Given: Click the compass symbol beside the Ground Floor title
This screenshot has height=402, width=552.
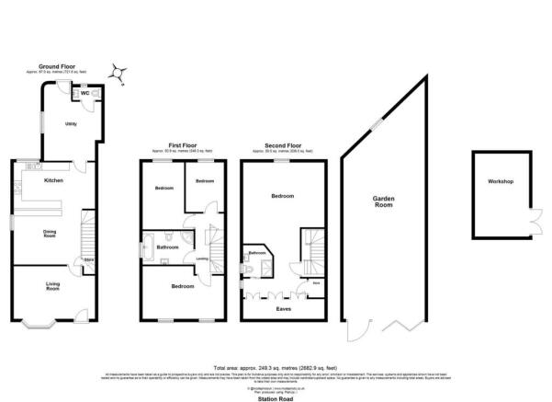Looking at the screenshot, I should pyautogui.click(x=116, y=69).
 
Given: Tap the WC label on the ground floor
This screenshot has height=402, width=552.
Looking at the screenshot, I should pyautogui.click(x=84, y=94).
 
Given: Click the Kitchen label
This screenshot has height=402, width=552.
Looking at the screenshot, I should pyautogui.click(x=53, y=181).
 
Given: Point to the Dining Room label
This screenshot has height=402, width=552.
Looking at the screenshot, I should pyautogui.click(x=51, y=234).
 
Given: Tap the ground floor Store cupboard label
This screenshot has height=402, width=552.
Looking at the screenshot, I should pyautogui.click(x=90, y=259).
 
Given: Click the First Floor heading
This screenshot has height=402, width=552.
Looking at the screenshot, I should pyautogui.click(x=184, y=145).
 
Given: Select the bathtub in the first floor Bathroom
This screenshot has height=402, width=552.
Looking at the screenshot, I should pyautogui.click(x=149, y=247).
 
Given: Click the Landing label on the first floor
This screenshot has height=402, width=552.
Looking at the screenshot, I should pyautogui.click(x=202, y=259).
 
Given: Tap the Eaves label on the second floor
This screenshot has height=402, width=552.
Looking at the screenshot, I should pyautogui.click(x=282, y=309).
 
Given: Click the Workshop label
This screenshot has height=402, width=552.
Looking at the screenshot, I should pyautogui.click(x=501, y=182).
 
